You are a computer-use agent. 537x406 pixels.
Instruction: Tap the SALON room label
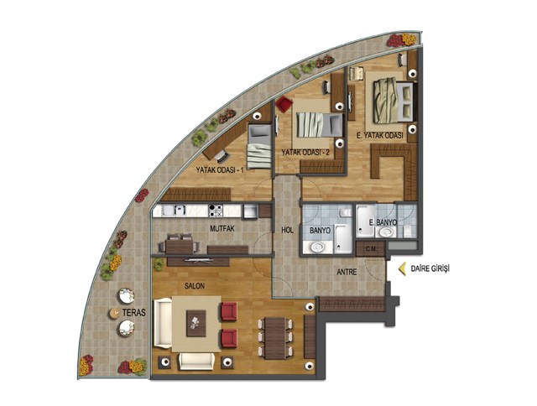195,286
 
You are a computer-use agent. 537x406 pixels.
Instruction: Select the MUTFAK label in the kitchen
222,229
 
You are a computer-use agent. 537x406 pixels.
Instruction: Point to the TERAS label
134,313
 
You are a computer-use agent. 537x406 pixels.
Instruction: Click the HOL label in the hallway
287,231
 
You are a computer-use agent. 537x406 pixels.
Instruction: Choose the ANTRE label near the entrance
347,272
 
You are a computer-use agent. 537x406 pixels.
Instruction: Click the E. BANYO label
383,222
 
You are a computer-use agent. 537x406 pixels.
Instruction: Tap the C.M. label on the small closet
371,249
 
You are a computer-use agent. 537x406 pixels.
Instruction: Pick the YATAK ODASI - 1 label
220,169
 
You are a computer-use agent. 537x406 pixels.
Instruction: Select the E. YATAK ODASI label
379,136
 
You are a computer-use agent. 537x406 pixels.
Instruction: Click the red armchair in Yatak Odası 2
284,104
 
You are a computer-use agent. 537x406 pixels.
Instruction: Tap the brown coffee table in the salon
196,324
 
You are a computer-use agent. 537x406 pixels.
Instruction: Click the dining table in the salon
275,338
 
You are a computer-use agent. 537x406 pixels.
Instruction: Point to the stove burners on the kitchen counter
216,211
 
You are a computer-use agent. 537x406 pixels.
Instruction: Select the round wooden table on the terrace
114,313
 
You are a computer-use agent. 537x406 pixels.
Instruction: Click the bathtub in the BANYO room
343,239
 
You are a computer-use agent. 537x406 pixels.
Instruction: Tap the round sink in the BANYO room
317,247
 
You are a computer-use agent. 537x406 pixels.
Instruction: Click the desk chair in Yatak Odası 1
222,156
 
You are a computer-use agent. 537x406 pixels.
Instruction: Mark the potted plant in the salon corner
159,264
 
